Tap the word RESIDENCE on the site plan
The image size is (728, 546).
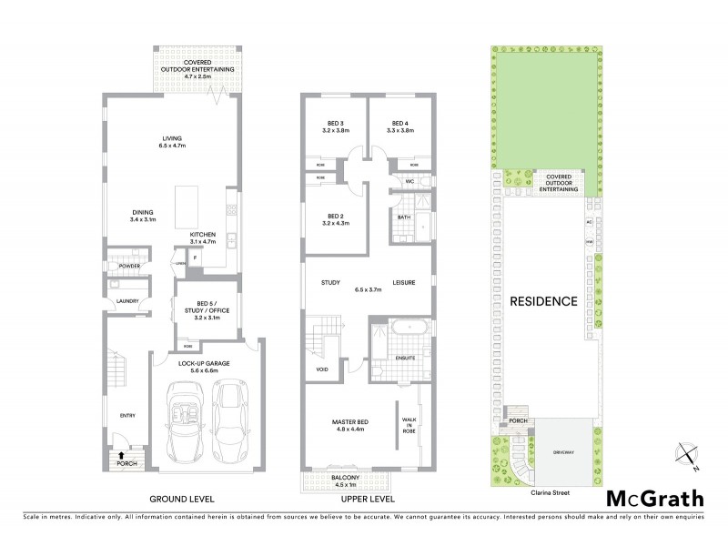pyautogui.click(x=543, y=300)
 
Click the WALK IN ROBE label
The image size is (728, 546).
pyautogui.click(x=409, y=425)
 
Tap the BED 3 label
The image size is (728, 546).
pyautogui.click(x=336, y=126)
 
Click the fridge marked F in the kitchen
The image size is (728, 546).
pyautogui.click(x=195, y=259)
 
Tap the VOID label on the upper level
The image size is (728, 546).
pyautogui.click(x=321, y=369)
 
